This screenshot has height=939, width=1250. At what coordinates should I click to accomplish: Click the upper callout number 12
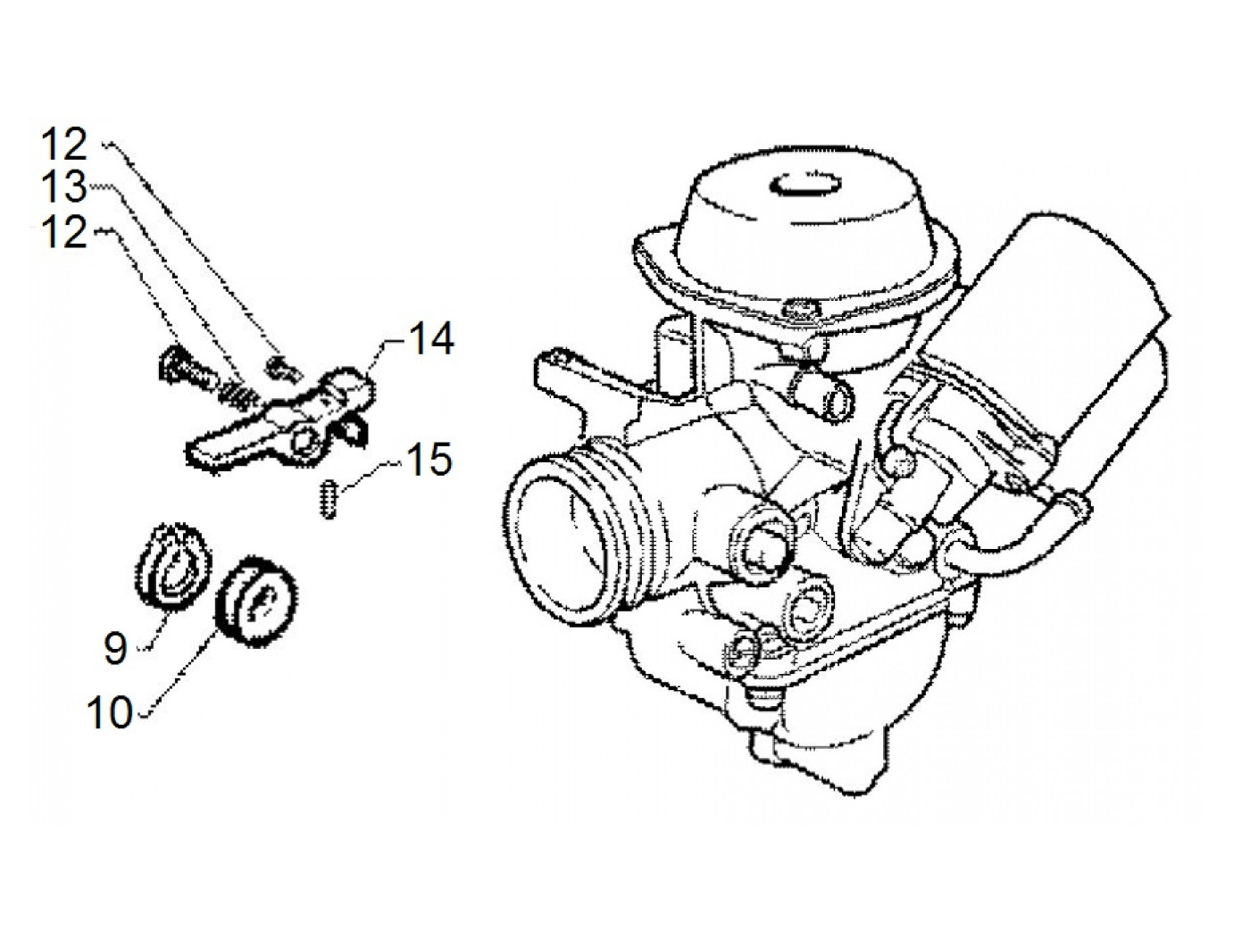[x=65, y=145]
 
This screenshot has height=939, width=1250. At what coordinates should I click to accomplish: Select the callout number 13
[x=65, y=188]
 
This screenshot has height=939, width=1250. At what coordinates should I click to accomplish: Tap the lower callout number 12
[x=65, y=233]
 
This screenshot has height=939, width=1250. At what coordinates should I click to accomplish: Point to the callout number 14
[x=431, y=340]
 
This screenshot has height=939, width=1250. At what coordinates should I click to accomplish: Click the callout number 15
[x=429, y=461]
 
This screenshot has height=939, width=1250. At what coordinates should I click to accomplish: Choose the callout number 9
[x=115, y=649]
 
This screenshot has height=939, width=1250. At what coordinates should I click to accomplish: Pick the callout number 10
[x=110, y=713]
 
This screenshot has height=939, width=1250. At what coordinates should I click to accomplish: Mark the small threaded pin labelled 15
[x=329, y=500]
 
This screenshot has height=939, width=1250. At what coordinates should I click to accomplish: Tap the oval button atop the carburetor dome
[x=804, y=184]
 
